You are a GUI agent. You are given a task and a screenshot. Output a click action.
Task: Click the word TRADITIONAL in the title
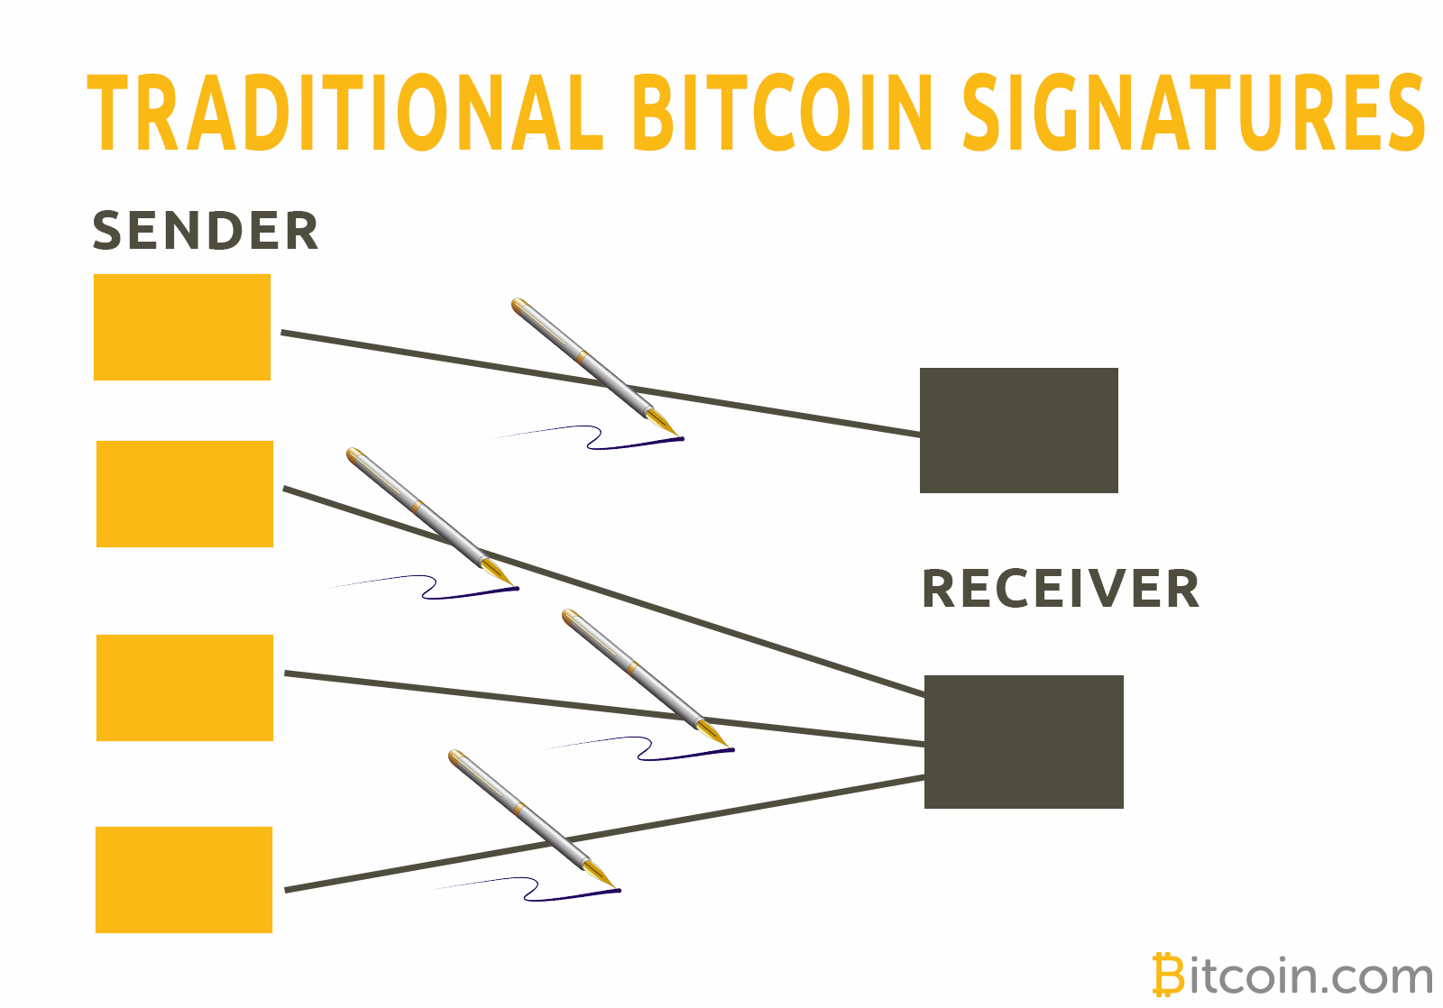pyautogui.click(x=345, y=113)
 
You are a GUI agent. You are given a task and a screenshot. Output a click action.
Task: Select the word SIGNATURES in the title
pyautogui.click(x=1193, y=113)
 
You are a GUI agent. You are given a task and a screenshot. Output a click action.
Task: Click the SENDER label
pyautogui.click(x=206, y=231)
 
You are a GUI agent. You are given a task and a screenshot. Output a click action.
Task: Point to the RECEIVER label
pyautogui.click(x=1061, y=590)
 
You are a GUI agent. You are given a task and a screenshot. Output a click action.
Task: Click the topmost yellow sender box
pyautogui.click(x=182, y=327)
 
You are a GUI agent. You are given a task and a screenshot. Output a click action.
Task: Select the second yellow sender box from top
pyautogui.click(x=185, y=494)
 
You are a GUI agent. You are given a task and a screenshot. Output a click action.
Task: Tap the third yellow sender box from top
pyautogui.click(x=185, y=688)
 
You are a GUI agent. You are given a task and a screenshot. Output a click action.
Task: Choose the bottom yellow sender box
pyautogui.click(x=184, y=880)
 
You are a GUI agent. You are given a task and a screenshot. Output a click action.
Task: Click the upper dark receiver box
pyautogui.click(x=1019, y=430)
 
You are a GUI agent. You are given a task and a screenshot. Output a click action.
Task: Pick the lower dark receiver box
pyautogui.click(x=1024, y=741)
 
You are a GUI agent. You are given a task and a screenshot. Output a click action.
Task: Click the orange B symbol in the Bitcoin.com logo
pyautogui.click(x=1168, y=976)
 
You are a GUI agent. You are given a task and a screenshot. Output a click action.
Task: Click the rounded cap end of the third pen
pyautogui.click(x=570, y=617)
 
